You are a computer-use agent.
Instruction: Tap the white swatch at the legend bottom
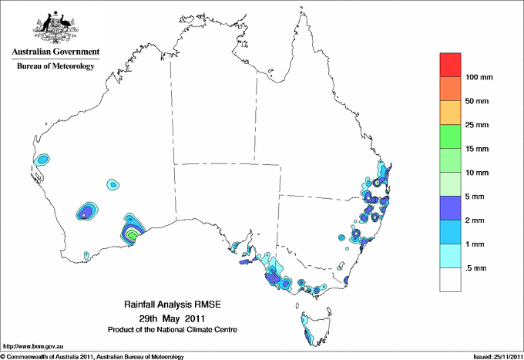pos(450,280)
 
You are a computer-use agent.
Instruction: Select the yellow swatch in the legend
pos(450,113)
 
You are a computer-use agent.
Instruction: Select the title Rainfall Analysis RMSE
pos(171,305)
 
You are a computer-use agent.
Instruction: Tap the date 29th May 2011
pos(171,318)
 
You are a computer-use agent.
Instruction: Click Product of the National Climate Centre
pos(171,329)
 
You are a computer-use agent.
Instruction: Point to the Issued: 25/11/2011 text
pos(495,355)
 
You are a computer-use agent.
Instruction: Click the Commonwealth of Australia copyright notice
pos(92,355)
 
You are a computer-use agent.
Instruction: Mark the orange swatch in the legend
pos(450,89)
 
